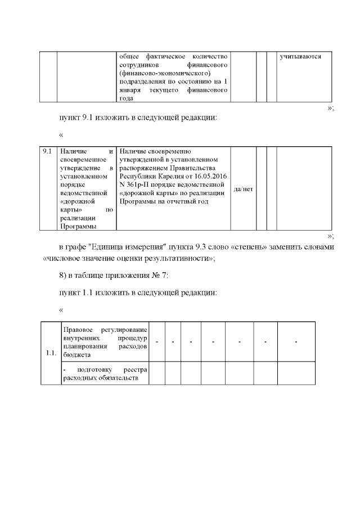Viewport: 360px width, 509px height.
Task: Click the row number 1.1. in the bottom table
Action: coord(50,354)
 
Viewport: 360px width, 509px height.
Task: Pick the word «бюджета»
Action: coord(78,354)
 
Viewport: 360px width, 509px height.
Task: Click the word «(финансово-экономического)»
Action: coord(165,73)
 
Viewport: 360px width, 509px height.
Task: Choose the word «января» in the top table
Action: coord(131,90)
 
